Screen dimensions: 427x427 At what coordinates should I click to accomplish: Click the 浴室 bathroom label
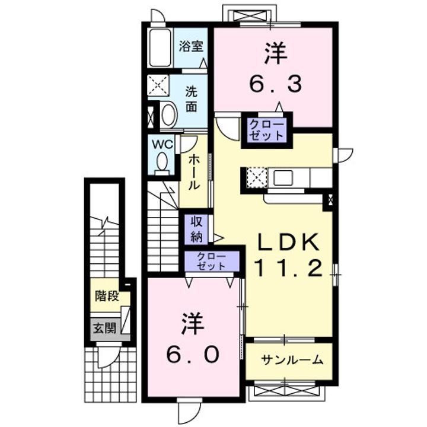tap(191, 46)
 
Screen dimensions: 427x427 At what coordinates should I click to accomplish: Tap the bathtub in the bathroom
tap(161, 47)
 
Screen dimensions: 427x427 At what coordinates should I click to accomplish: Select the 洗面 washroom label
tap(192, 99)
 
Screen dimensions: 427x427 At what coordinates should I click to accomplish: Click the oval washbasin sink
tap(170, 114)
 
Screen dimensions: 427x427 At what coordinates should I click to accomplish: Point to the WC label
tap(162, 145)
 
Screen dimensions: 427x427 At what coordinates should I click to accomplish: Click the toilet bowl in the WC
tap(162, 163)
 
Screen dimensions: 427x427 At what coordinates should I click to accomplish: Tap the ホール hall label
tap(195, 172)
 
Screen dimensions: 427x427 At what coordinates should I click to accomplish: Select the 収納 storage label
tap(197, 230)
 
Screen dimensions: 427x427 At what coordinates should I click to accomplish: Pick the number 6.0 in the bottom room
tap(193, 354)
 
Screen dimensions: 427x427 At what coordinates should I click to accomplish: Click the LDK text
tap(288, 243)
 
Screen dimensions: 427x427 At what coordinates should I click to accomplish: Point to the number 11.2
tap(289, 267)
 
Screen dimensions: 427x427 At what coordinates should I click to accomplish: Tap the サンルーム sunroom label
tap(292, 360)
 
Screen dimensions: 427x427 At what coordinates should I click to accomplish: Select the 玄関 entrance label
tap(105, 329)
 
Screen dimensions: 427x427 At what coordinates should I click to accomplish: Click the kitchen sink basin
tap(283, 177)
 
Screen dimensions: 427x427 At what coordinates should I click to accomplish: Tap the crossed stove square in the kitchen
tap(257, 177)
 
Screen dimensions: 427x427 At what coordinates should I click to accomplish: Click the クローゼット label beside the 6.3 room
tap(267, 130)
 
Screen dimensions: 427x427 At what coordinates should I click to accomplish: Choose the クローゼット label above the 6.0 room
tap(212, 261)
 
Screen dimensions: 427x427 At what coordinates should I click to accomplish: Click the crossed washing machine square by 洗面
tap(158, 85)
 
